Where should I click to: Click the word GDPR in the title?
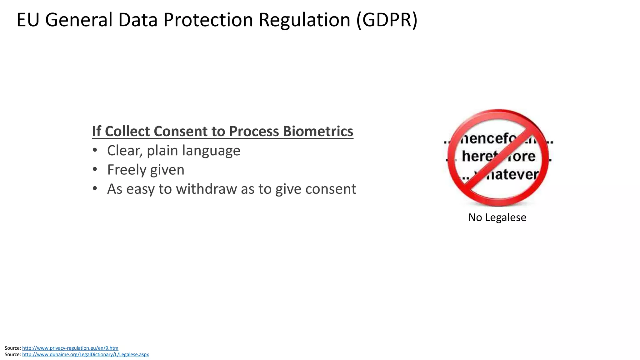(387, 20)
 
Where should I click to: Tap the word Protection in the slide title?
(208, 20)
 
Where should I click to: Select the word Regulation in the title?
(304, 20)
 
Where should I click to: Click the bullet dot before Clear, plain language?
(95, 151)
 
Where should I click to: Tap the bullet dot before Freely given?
(95, 170)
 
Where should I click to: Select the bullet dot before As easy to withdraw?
(95, 189)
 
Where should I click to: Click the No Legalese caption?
(497, 217)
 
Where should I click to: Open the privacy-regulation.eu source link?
(70, 348)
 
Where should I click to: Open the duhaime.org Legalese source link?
(85, 355)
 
